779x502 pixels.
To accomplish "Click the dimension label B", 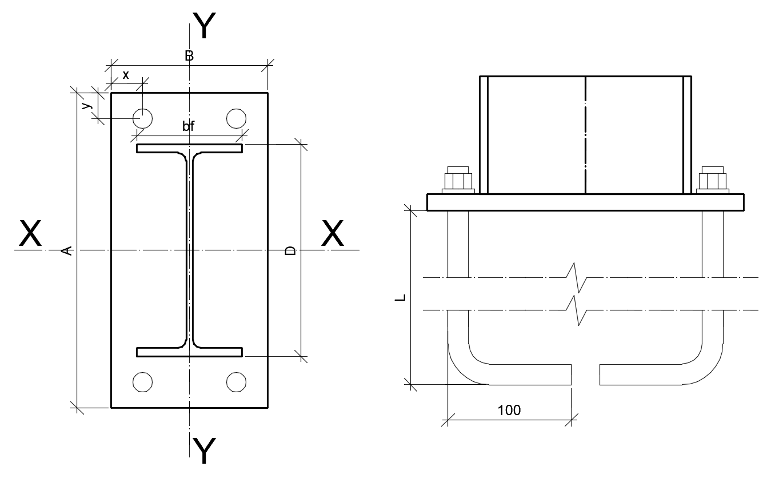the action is point(189,55).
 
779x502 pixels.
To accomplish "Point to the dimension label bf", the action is point(188,126).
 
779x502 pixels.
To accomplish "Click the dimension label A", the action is point(67,250).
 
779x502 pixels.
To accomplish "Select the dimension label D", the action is point(290,250).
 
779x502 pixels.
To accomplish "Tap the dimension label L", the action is point(401,297).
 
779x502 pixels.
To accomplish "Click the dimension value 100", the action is point(509,411).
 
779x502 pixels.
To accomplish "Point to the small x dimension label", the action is point(126,75).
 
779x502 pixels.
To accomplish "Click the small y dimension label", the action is point(87,105).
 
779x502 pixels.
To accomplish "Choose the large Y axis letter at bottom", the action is point(204,451).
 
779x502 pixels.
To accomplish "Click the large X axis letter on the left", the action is point(30,233).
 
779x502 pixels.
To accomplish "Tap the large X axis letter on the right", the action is point(333,233).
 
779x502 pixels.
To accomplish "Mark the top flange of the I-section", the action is point(189,148).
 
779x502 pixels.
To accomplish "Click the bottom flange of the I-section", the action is point(189,352).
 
